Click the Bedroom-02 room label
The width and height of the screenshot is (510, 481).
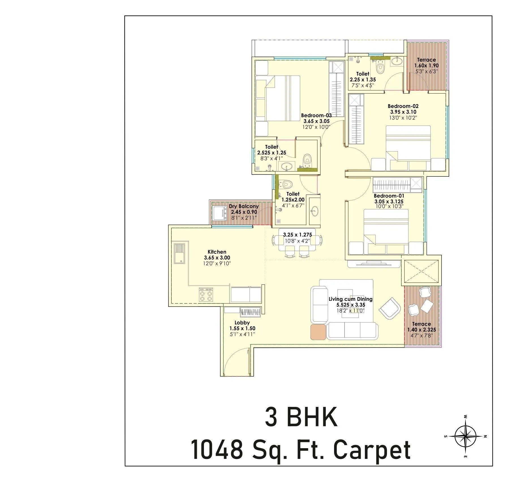point(403,106)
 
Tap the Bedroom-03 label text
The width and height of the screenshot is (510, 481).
point(316,115)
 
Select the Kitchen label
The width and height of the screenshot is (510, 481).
point(217,252)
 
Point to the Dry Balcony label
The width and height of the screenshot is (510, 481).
point(244,206)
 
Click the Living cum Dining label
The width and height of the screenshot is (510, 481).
point(350,299)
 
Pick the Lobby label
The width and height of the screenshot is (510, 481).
point(242,323)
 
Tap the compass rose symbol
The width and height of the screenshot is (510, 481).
point(465,436)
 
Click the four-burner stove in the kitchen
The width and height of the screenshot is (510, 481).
point(206,294)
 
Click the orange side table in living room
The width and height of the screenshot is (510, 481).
point(318,332)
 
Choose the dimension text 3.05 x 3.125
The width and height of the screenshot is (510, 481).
point(389,202)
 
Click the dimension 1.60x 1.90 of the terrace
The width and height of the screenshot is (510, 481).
point(426,66)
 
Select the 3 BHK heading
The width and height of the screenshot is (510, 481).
point(301,417)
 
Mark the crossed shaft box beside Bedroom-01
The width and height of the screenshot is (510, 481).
point(421,271)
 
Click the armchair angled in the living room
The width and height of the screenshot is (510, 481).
point(390,307)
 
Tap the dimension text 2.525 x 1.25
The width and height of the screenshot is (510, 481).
point(272,153)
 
